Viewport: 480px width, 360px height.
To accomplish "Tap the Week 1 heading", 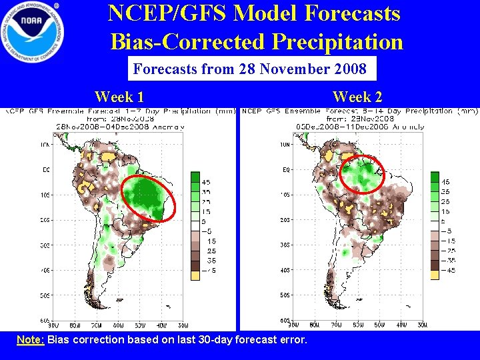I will (x=119, y=97).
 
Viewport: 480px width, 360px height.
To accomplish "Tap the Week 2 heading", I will (x=357, y=97).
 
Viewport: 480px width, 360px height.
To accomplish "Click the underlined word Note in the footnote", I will (x=30, y=340).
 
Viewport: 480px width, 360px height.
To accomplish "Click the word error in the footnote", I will (x=292, y=340).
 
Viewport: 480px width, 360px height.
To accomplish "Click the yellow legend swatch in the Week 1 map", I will (x=195, y=270).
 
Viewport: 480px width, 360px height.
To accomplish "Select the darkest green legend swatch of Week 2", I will (x=435, y=178).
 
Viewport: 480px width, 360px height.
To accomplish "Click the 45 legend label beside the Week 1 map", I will (x=207, y=182).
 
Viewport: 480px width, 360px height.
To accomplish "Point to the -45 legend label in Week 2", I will (x=450, y=271).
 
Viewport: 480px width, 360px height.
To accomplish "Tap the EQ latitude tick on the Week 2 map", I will (x=283, y=169).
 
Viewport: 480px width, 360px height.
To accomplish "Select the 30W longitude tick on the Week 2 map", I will (x=423, y=325).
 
